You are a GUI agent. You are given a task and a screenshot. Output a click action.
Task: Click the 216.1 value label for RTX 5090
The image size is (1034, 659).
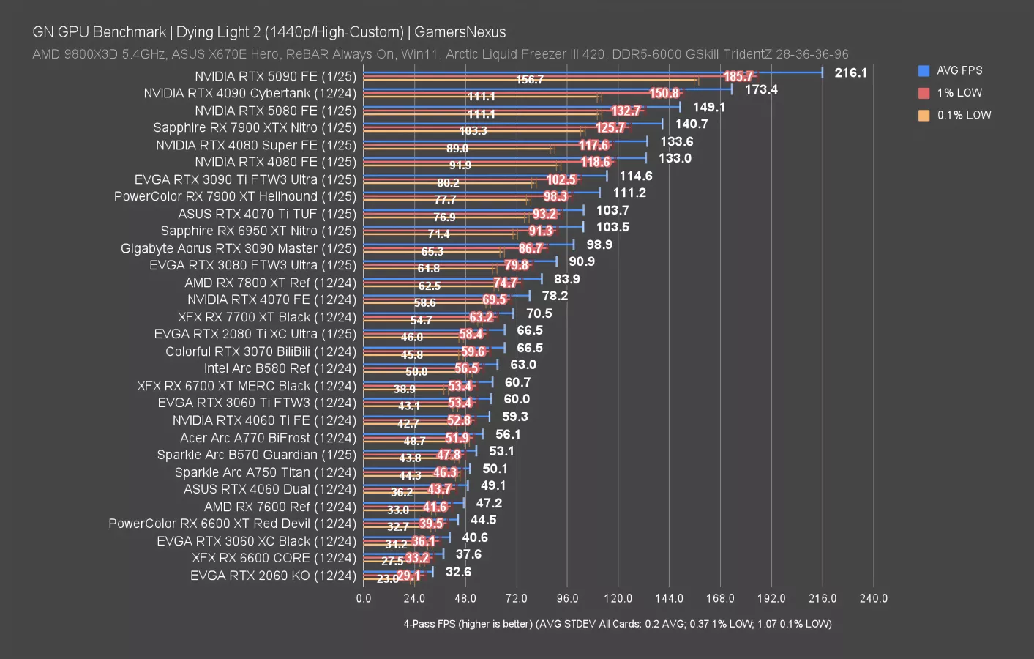tap(850, 72)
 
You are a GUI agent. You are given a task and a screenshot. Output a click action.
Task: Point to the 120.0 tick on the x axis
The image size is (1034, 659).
tap(618, 598)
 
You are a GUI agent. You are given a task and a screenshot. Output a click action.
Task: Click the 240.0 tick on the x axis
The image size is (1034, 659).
tap(873, 598)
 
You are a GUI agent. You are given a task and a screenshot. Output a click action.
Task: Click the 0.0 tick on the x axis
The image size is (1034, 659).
tap(364, 598)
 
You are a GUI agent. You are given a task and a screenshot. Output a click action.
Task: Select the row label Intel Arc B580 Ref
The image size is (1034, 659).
tap(280, 368)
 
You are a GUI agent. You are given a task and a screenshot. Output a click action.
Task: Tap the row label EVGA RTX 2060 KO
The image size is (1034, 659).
tap(273, 576)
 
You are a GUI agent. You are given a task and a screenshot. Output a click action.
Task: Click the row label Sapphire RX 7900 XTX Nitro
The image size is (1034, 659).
tap(255, 127)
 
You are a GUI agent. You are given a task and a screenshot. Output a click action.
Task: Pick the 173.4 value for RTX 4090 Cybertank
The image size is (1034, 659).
tap(761, 89)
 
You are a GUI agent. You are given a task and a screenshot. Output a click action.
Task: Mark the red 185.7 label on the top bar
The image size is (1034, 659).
tap(738, 76)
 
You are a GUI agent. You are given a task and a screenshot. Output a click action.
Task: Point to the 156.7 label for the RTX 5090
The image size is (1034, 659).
tap(530, 80)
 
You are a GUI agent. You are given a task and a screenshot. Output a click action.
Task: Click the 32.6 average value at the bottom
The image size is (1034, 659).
tap(458, 572)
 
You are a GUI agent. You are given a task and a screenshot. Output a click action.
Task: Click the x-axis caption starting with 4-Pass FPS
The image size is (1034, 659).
tap(617, 624)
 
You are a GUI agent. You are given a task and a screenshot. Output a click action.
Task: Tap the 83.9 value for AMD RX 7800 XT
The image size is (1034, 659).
tap(566, 279)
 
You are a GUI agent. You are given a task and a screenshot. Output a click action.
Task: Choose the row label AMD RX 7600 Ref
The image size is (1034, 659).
tap(280, 507)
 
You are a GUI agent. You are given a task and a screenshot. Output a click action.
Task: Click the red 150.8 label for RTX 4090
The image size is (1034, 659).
tap(664, 93)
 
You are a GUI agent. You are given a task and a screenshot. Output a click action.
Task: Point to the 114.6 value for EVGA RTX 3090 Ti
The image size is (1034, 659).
tap(635, 176)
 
